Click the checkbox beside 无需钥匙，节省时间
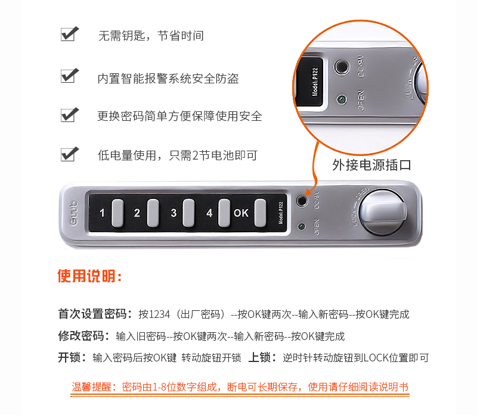pyautogui.click(x=69, y=34)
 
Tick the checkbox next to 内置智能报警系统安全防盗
pyautogui.click(x=69, y=76)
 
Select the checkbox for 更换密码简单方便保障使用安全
pyautogui.click(x=69, y=114)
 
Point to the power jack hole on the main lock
pyautogui.click(x=303, y=201)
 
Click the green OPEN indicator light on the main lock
pyautogui.click(x=302, y=227)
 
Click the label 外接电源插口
pyautogui.click(x=371, y=165)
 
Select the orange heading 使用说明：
pyautogui.click(x=89, y=276)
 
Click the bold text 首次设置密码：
pyautogui.click(x=95, y=314)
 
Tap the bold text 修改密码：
pyautogui.click(x=84, y=336)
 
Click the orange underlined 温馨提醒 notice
pyautogui.click(x=240, y=387)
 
